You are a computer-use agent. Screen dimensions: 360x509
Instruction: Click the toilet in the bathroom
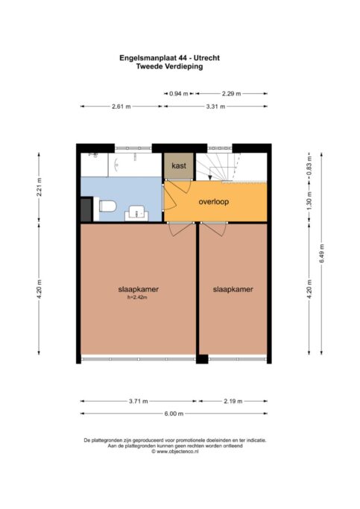107,206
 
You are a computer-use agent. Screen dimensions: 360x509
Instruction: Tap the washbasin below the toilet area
136,213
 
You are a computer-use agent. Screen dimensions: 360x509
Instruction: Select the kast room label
179,165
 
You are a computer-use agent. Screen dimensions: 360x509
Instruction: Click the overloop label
214,201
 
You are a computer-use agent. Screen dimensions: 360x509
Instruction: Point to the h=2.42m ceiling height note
138,297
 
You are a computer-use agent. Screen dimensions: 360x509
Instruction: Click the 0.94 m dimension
179,94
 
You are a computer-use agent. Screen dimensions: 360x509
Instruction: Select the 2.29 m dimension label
232,94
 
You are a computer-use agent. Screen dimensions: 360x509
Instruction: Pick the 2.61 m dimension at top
121,107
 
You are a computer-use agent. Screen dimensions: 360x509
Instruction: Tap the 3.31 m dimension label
215,107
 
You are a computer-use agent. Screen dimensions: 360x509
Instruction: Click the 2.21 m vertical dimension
39,187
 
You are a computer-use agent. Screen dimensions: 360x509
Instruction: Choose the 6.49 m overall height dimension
322,253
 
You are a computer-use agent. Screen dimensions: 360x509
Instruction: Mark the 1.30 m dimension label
309,200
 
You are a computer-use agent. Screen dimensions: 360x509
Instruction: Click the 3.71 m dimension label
139,401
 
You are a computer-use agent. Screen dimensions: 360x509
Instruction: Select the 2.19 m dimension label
233,401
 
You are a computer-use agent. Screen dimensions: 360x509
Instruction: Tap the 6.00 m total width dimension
174,414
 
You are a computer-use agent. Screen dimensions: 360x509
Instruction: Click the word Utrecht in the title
206,58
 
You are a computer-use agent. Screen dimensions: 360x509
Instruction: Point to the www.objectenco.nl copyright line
174,451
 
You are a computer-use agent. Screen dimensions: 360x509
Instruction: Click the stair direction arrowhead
210,177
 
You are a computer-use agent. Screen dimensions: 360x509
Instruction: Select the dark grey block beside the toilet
86,209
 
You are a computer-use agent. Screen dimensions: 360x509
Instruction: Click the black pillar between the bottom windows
202,359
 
